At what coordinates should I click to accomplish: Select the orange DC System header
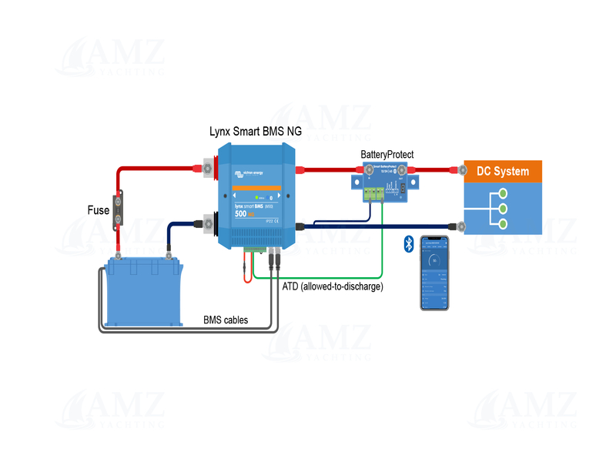pyautogui.click(x=503, y=171)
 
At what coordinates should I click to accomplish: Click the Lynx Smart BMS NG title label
pyautogui.click(x=256, y=132)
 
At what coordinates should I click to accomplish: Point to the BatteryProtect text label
pyautogui.click(x=387, y=155)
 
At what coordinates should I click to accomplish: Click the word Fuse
pyautogui.click(x=99, y=209)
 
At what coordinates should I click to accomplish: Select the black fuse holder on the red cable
pyautogui.click(x=119, y=209)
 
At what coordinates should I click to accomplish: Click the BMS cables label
pyautogui.click(x=226, y=320)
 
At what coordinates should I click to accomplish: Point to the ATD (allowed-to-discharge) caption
pyautogui.click(x=333, y=286)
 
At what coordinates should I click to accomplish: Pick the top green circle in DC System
pyautogui.click(x=502, y=193)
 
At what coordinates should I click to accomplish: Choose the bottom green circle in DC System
pyautogui.click(x=502, y=223)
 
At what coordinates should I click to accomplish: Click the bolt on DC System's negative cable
pyautogui.click(x=460, y=226)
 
